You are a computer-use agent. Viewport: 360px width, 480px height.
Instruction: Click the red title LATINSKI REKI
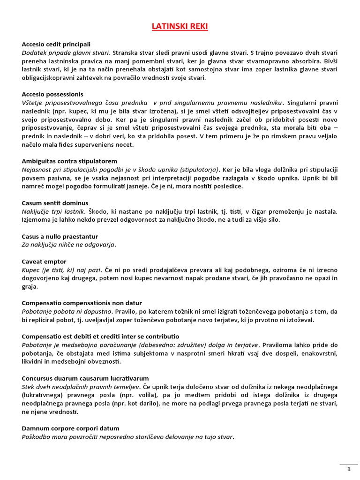click(x=180, y=27)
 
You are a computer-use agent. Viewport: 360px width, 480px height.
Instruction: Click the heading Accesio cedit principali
click(x=56, y=44)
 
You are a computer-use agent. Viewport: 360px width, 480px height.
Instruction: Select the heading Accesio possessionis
click(x=52, y=94)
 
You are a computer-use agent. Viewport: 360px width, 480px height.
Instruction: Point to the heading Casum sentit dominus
click(x=55, y=203)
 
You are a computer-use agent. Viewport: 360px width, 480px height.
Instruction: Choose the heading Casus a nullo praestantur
click(x=60, y=236)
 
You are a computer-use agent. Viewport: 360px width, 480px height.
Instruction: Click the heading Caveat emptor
click(x=44, y=261)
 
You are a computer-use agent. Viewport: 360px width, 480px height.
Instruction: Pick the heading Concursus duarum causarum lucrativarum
click(x=85, y=378)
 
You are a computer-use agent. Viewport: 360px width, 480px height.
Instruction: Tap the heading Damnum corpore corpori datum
click(x=70, y=428)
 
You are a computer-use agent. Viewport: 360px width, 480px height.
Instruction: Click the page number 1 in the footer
click(x=348, y=469)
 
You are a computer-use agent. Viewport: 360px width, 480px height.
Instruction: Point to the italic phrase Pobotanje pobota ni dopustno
click(x=67, y=311)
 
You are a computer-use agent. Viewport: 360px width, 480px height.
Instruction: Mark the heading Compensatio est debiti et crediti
click(x=100, y=336)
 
